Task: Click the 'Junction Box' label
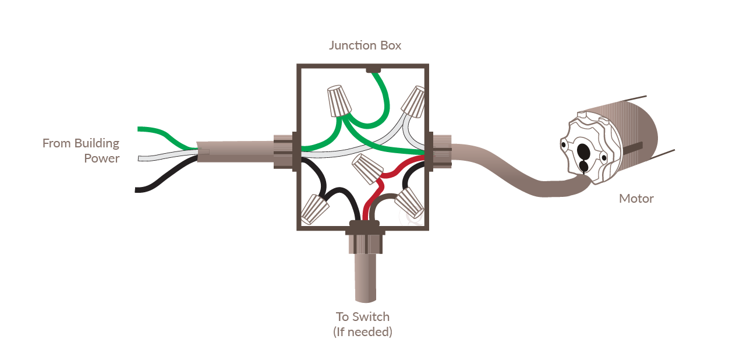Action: coord(365,45)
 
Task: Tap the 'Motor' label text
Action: coord(636,199)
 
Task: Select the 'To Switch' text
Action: coord(363,317)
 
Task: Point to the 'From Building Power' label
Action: coord(81,151)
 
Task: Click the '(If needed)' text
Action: coord(363,332)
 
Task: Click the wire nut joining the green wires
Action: coord(339,101)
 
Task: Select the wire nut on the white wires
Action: coord(413,101)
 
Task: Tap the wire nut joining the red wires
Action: coord(367,168)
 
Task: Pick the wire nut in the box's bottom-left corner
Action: coord(314,209)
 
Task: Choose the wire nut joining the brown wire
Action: coord(409,203)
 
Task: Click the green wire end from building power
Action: coord(138,129)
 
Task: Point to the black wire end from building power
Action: coord(136,190)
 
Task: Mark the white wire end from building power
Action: coord(139,158)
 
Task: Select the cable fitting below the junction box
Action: coord(365,237)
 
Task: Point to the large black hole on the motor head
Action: coord(583,151)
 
